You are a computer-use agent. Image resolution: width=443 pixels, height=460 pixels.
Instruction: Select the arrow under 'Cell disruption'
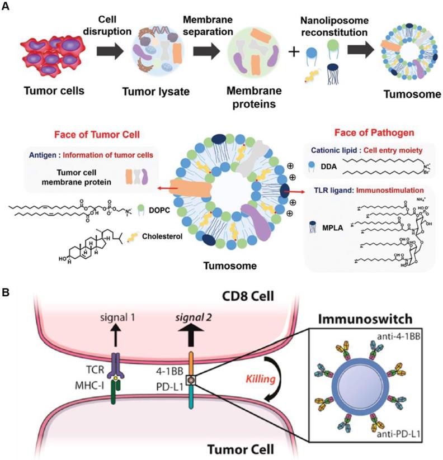(x=110, y=55)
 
